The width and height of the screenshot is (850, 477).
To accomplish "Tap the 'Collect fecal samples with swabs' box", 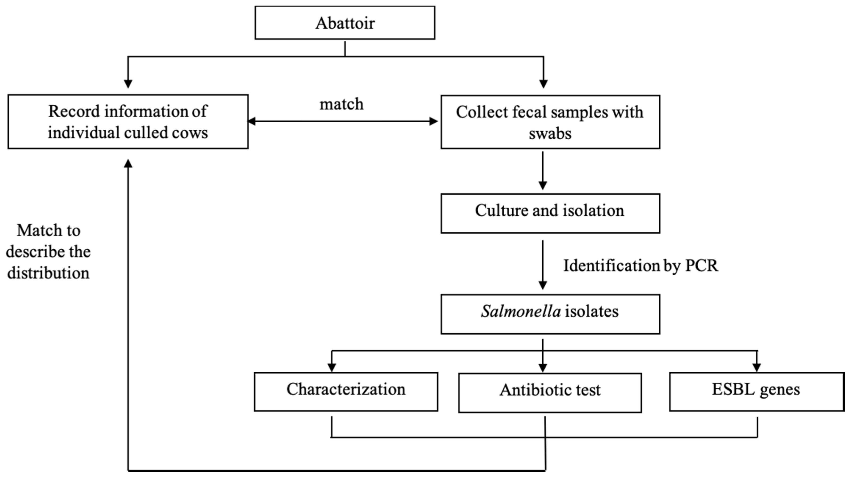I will [550, 122].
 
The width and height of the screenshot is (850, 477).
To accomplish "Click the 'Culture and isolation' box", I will [550, 213].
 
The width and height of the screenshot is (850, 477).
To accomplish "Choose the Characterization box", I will [346, 392].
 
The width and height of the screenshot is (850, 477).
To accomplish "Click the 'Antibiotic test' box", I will [550, 393].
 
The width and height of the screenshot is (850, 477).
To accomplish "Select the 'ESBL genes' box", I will [756, 392].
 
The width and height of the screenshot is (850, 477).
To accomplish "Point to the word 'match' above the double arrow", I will [342, 104].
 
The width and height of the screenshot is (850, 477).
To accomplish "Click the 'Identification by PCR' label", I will [640, 265].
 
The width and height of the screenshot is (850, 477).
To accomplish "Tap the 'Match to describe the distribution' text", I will [48, 252].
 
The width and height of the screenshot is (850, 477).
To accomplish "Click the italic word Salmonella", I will [521, 311].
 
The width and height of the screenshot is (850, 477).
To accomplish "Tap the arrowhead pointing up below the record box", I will [128, 164].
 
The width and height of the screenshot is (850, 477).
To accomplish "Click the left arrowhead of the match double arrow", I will [251, 121].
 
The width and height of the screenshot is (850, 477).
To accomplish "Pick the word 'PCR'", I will [701, 265].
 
